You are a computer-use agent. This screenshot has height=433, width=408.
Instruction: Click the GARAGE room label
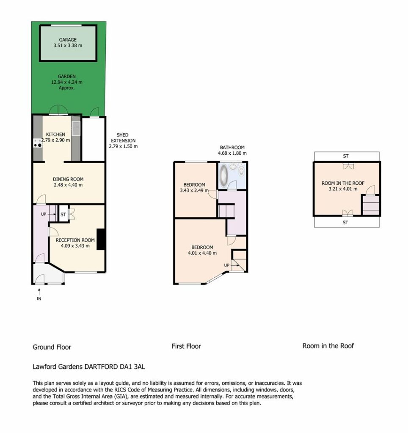click(68, 40)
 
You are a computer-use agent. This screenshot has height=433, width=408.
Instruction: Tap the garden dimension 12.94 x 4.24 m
click(67, 82)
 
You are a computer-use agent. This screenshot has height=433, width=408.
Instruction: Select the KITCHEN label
click(55, 134)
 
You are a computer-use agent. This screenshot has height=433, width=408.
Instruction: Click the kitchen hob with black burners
click(38, 143)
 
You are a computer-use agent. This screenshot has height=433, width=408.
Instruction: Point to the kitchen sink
click(76, 129)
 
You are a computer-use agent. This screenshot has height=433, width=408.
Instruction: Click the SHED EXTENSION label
click(123, 137)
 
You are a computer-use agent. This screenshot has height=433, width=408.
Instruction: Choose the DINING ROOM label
click(68, 179)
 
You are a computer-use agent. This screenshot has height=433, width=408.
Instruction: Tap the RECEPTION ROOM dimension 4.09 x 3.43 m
click(75, 246)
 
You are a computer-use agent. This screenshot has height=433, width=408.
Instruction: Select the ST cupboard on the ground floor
click(63, 214)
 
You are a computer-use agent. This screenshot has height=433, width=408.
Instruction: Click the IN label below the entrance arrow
click(39, 299)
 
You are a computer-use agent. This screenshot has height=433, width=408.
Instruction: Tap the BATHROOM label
click(232, 148)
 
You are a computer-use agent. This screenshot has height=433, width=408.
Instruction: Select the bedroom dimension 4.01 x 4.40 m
click(202, 253)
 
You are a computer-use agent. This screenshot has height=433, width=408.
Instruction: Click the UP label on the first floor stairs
click(227, 266)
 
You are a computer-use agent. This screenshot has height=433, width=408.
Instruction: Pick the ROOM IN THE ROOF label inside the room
click(343, 183)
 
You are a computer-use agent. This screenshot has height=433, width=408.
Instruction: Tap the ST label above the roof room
click(346, 156)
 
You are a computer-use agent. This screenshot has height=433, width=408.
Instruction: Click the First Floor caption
click(186, 346)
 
